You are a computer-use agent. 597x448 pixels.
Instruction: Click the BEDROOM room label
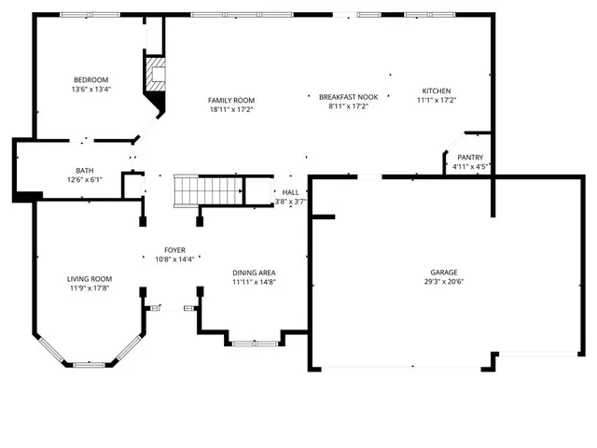[x=91, y=79]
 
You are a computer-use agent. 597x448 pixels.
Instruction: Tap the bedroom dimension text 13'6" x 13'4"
[x=91, y=90]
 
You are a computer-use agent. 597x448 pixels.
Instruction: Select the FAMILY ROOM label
[x=231, y=100]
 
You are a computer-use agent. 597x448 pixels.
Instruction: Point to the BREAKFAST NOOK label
[x=348, y=96]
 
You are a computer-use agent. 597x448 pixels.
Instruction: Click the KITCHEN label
[x=436, y=91]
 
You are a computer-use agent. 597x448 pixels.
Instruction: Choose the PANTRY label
[x=470, y=157]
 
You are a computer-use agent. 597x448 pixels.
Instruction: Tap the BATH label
[x=85, y=170]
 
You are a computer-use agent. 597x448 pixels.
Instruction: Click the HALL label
[x=290, y=191]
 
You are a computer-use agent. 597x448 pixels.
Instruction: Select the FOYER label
[x=175, y=249]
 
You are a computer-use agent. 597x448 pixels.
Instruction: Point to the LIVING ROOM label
[x=90, y=278]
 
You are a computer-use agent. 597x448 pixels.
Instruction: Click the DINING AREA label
[x=254, y=273]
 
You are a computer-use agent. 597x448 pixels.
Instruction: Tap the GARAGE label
[x=443, y=273]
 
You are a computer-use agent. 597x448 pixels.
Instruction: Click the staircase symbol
[x=208, y=190]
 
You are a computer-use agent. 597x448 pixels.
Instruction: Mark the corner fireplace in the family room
[x=155, y=75]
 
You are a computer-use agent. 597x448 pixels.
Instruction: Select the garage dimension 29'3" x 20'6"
[x=443, y=283]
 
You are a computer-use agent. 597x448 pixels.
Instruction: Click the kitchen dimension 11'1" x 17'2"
[x=436, y=100]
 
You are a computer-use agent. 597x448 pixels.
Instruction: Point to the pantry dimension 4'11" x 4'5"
[x=470, y=167]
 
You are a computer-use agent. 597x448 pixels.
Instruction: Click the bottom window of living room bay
[x=90, y=364]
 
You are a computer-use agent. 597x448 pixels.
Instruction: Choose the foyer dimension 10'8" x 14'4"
[x=175, y=259]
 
